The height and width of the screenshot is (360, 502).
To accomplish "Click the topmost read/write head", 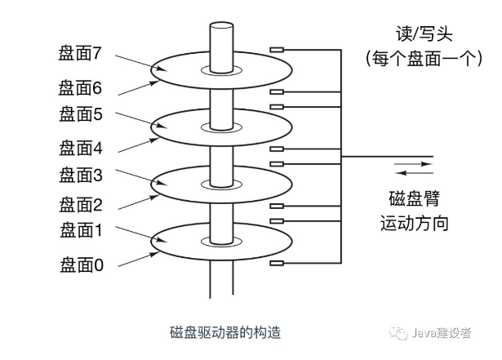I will [277, 50].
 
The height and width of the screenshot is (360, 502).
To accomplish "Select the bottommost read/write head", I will [277, 263].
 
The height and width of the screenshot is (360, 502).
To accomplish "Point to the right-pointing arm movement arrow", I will [413, 165].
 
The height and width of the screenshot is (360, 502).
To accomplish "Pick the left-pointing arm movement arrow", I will [413, 173].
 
